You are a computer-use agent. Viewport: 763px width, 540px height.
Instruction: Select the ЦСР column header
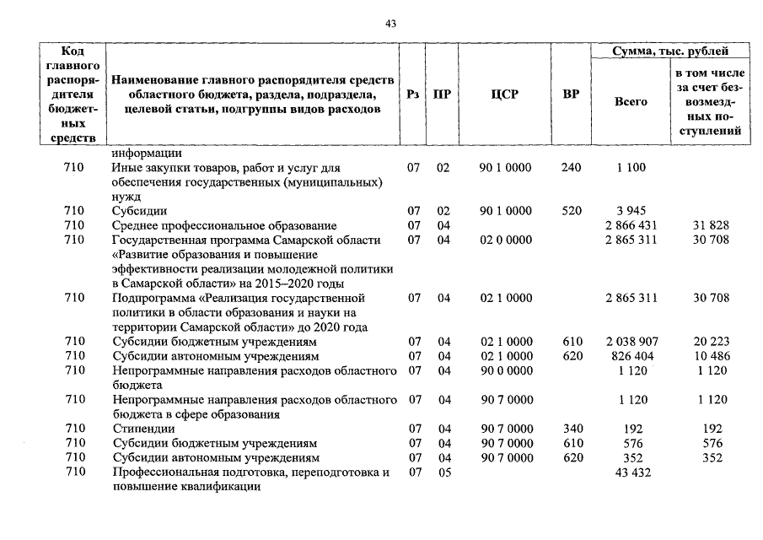pos(504,95)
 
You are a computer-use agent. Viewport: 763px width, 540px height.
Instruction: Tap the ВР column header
pos(571,95)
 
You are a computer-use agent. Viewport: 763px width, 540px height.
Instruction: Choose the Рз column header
pos(413,95)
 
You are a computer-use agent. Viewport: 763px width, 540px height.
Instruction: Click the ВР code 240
pos(571,168)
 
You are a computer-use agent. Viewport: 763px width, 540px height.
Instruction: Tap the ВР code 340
pos(571,429)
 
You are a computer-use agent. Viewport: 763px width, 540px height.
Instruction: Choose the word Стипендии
pos(140,429)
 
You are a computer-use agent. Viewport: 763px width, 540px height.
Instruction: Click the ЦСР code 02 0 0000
pos(505,240)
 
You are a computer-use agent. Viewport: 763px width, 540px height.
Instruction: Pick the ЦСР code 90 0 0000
pos(505,371)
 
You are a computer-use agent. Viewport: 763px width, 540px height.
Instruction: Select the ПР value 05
pos(443,473)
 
